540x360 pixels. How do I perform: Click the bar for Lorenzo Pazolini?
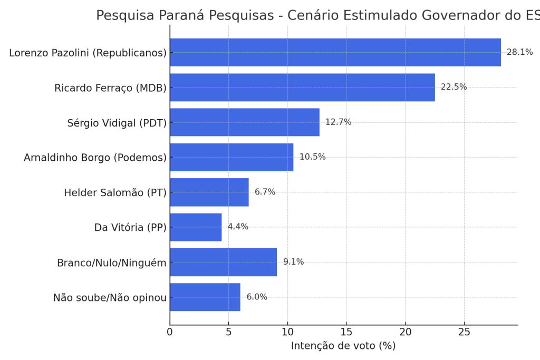(335, 52)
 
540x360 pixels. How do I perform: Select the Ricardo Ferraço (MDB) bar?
(302, 87)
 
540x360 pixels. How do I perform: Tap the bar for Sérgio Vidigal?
(244, 122)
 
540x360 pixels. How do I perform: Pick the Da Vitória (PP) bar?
(196, 227)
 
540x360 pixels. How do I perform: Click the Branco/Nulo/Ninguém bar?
(223, 262)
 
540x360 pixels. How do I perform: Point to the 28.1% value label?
(519, 52)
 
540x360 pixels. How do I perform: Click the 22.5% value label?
(454, 87)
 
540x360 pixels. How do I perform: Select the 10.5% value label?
(312, 157)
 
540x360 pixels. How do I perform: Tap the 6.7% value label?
(265, 192)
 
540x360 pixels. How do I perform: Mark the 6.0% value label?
(257, 297)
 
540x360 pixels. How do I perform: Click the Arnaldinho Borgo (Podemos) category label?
(95, 158)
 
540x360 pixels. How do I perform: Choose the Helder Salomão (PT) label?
(115, 193)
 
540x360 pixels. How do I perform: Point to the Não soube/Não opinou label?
(110, 298)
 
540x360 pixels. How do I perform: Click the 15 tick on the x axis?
(346, 332)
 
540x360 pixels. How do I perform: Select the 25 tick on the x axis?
(464, 332)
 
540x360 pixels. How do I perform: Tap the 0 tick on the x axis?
(170, 332)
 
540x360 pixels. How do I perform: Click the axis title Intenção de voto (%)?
(343, 346)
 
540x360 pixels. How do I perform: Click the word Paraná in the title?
(180, 16)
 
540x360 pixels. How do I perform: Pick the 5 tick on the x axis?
(228, 332)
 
